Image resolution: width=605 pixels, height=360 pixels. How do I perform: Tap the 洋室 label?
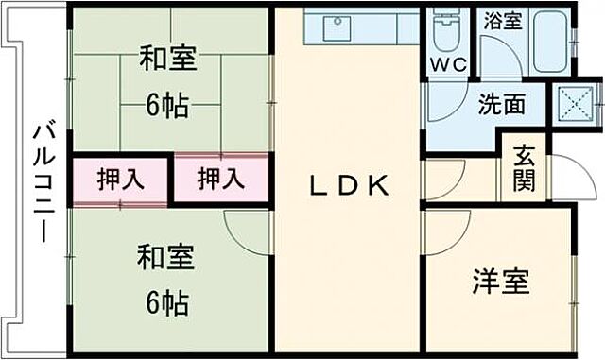pyautogui.click(x=501, y=282)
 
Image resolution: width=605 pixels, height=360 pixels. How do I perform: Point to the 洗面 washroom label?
pyautogui.click(x=502, y=104)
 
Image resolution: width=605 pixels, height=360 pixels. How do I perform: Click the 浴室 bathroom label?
pyautogui.click(x=503, y=21)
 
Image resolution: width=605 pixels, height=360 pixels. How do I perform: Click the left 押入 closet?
pyautogui.click(x=121, y=180)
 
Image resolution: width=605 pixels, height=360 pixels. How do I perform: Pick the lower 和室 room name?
pyautogui.click(x=167, y=258)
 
